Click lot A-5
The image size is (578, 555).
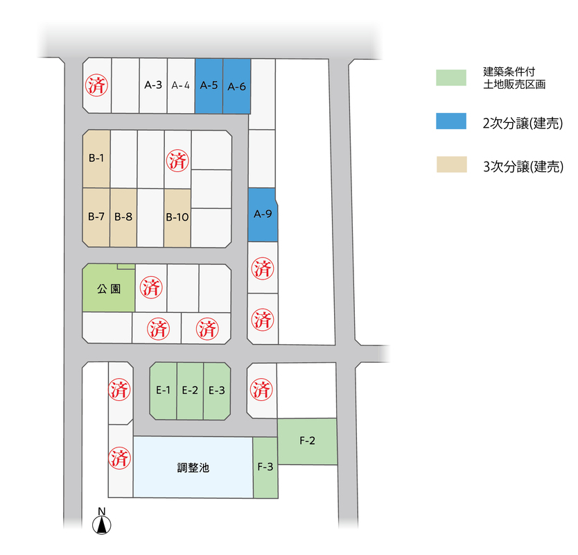click(209, 86)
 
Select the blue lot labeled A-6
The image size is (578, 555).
click(236, 86)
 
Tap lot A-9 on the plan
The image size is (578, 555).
click(263, 215)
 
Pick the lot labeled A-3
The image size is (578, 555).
click(153, 85)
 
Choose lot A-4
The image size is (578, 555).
click(181, 85)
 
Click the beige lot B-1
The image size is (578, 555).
click(96, 159)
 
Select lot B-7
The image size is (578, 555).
click(96, 217)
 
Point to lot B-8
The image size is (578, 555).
click(123, 217)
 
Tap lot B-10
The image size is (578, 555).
click(177, 218)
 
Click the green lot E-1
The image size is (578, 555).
click(164, 391)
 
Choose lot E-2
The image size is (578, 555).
click(190, 391)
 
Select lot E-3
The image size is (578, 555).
click(217, 391)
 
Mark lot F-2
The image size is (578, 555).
click(308, 441)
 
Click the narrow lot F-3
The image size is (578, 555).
click(265, 468)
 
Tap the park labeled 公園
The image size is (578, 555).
click(109, 288)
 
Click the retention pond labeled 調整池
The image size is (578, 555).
click(193, 467)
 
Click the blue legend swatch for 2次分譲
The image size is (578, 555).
click(451, 121)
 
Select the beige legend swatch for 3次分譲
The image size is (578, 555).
click(452, 164)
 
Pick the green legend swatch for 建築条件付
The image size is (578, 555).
click(451, 78)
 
